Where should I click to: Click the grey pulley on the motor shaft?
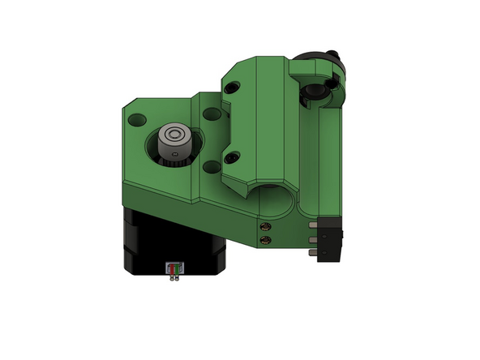(x=173, y=143)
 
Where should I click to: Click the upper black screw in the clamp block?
(x=234, y=89)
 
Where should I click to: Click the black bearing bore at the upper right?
(x=311, y=96)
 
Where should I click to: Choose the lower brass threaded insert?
(x=264, y=240)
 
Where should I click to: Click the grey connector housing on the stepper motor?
(x=173, y=268)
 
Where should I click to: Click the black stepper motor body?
(x=146, y=243)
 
